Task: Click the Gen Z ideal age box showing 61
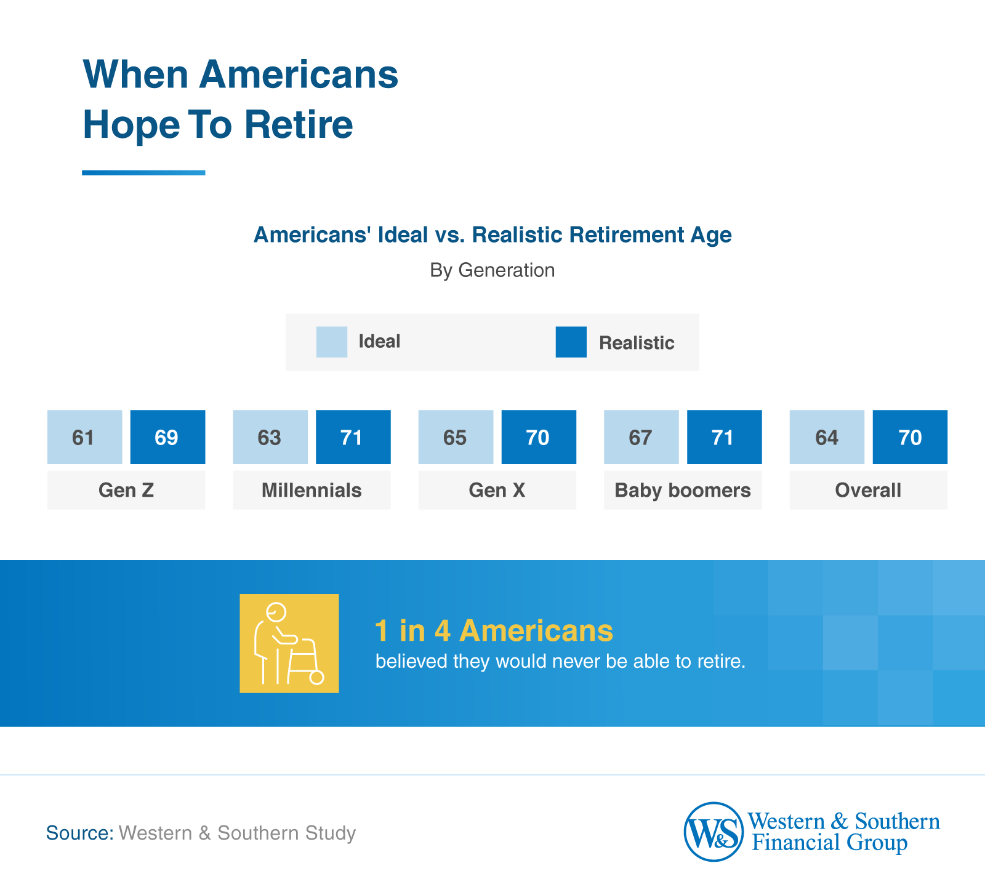[84, 437]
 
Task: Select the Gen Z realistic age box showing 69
[167, 437]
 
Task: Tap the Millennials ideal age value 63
[270, 437]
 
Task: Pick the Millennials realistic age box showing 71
[353, 437]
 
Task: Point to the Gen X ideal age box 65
[456, 437]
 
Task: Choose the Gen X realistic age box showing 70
[539, 437]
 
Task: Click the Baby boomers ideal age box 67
[641, 437]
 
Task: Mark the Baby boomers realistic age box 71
[724, 437]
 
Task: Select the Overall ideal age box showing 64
[827, 437]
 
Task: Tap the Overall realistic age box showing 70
[910, 437]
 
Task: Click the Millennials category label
[312, 490]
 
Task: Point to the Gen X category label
[497, 490]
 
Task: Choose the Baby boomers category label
[683, 490]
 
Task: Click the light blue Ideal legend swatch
[331, 342]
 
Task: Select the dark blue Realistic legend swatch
[571, 342]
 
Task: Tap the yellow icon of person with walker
[289, 643]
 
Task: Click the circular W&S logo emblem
[714, 832]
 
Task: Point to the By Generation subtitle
[492, 270]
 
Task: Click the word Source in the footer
[79, 833]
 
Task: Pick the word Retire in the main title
[299, 124]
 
